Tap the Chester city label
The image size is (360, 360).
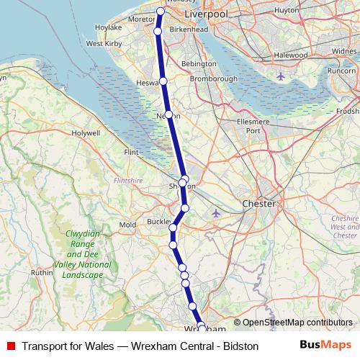pyautogui.click(x=260, y=204)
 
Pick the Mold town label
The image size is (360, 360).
pyautogui.click(x=127, y=225)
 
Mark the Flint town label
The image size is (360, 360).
pyautogui.click(x=131, y=153)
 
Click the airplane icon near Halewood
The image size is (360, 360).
pyautogui.click(x=280, y=76)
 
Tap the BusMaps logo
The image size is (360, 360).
pyautogui.click(x=325, y=345)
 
